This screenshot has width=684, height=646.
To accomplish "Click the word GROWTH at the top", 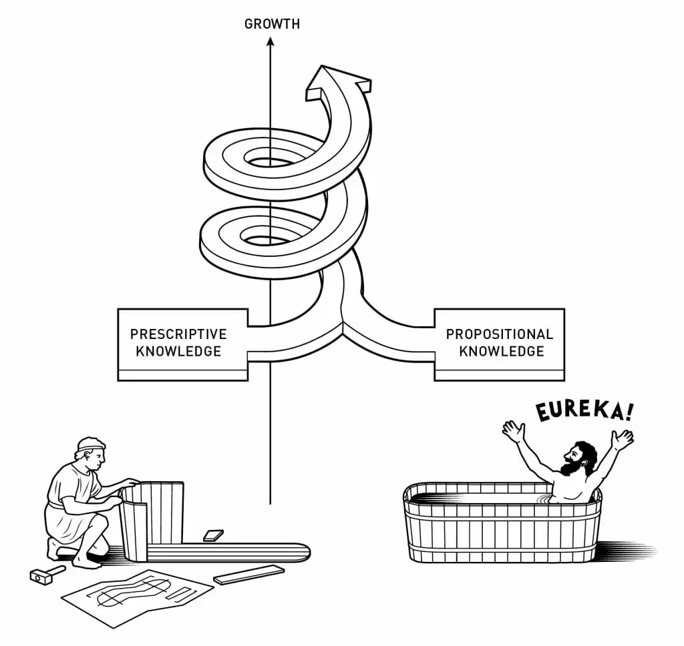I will point(272,25).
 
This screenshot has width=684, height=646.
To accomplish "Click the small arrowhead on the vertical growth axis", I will point(270,42).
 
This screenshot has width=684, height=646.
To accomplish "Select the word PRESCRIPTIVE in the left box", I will point(178,334).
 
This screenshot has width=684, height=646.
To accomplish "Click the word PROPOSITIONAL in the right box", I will point(500,334).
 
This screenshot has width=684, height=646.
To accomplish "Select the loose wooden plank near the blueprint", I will point(248,574).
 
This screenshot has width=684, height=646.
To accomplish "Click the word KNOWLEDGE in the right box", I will point(502,351).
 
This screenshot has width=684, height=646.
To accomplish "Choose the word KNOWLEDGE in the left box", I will point(178,351).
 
